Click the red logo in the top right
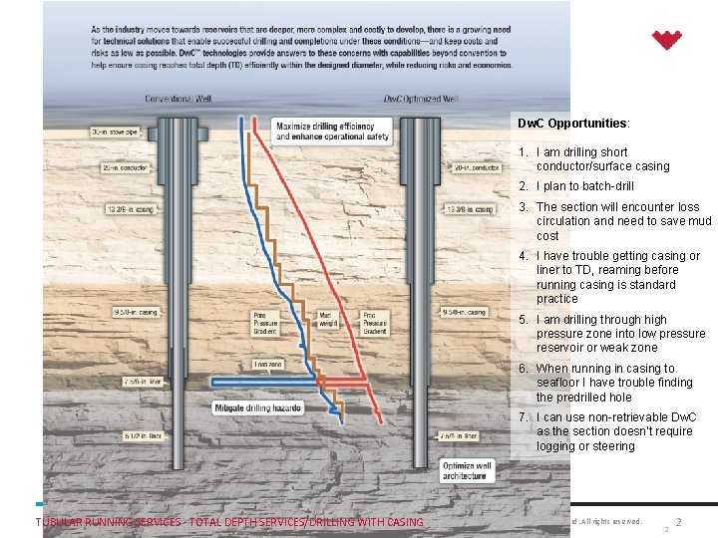point(666,40)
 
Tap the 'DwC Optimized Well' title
point(420,99)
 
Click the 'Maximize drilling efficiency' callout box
point(323,131)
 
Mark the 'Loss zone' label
point(268,365)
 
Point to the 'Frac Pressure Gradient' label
point(375,323)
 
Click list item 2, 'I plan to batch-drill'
point(584,186)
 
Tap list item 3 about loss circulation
point(623,221)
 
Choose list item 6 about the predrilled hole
point(613,383)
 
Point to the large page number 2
point(678,522)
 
